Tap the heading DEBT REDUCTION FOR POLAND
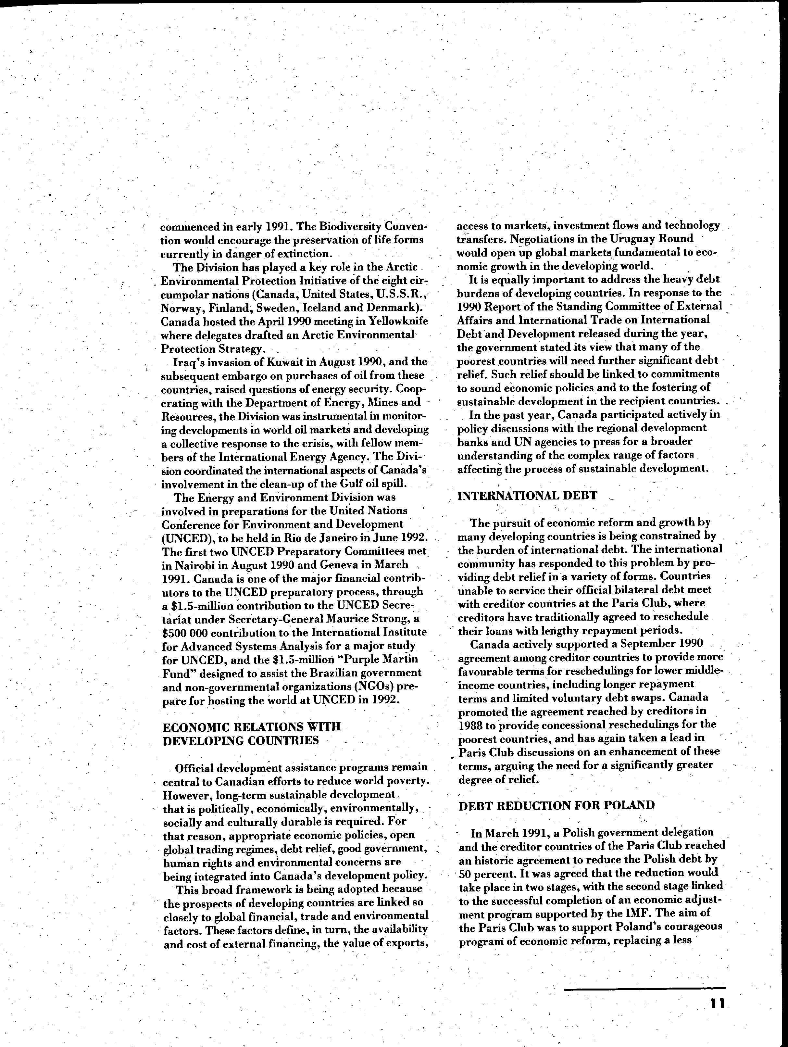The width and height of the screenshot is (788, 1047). coord(557,805)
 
